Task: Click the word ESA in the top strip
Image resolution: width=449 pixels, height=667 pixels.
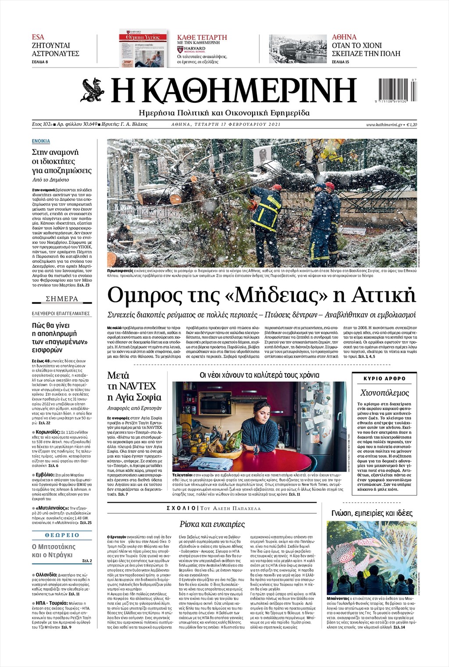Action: [x=38, y=37]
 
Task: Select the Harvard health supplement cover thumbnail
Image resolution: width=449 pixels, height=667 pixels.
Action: [x=143, y=48]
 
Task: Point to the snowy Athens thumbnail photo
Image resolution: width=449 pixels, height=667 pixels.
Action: [x=298, y=49]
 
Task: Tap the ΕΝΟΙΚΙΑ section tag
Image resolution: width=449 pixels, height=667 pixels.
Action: [x=41, y=141]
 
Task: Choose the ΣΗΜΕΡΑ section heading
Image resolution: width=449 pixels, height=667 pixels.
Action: [x=62, y=299]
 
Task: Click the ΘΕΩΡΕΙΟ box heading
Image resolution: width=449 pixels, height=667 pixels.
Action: [x=62, y=535]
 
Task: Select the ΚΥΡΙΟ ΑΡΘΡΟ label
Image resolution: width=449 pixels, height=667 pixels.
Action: [x=385, y=378]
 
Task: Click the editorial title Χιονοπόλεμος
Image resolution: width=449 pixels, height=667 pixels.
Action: [x=385, y=393]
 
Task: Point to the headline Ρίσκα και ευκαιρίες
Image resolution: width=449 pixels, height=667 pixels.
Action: [x=212, y=524]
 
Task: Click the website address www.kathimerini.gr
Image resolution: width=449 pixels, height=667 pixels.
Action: [x=384, y=125]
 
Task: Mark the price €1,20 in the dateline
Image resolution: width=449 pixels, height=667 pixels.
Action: [x=412, y=125]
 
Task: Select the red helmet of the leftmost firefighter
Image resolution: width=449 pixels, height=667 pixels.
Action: [x=276, y=188]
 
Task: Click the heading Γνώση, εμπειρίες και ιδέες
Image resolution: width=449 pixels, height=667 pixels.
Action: [x=372, y=513]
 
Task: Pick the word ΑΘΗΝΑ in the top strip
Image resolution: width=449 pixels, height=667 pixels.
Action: [x=344, y=37]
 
